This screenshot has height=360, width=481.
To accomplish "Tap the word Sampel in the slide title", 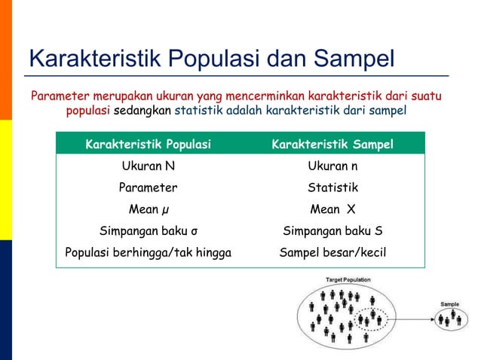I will tap(354, 58).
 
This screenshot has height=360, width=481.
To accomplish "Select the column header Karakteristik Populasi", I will tap(149, 144).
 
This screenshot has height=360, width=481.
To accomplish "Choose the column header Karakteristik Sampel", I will tap(332, 144).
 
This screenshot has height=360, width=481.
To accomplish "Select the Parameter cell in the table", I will tap(149, 188).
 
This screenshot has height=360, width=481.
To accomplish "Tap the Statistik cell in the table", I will tap(332, 188).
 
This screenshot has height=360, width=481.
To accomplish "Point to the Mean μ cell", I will tap(149, 209).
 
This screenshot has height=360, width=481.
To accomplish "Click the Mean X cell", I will tap(332, 209).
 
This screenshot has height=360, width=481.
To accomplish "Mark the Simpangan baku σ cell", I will tap(149, 231).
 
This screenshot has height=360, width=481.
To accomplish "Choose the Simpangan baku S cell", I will tap(332, 231).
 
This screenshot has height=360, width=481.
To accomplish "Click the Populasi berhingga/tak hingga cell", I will tap(149, 252).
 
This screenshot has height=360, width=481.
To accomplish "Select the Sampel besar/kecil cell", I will tap(332, 252).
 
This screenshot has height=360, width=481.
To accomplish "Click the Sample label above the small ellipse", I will tap(450, 304).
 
